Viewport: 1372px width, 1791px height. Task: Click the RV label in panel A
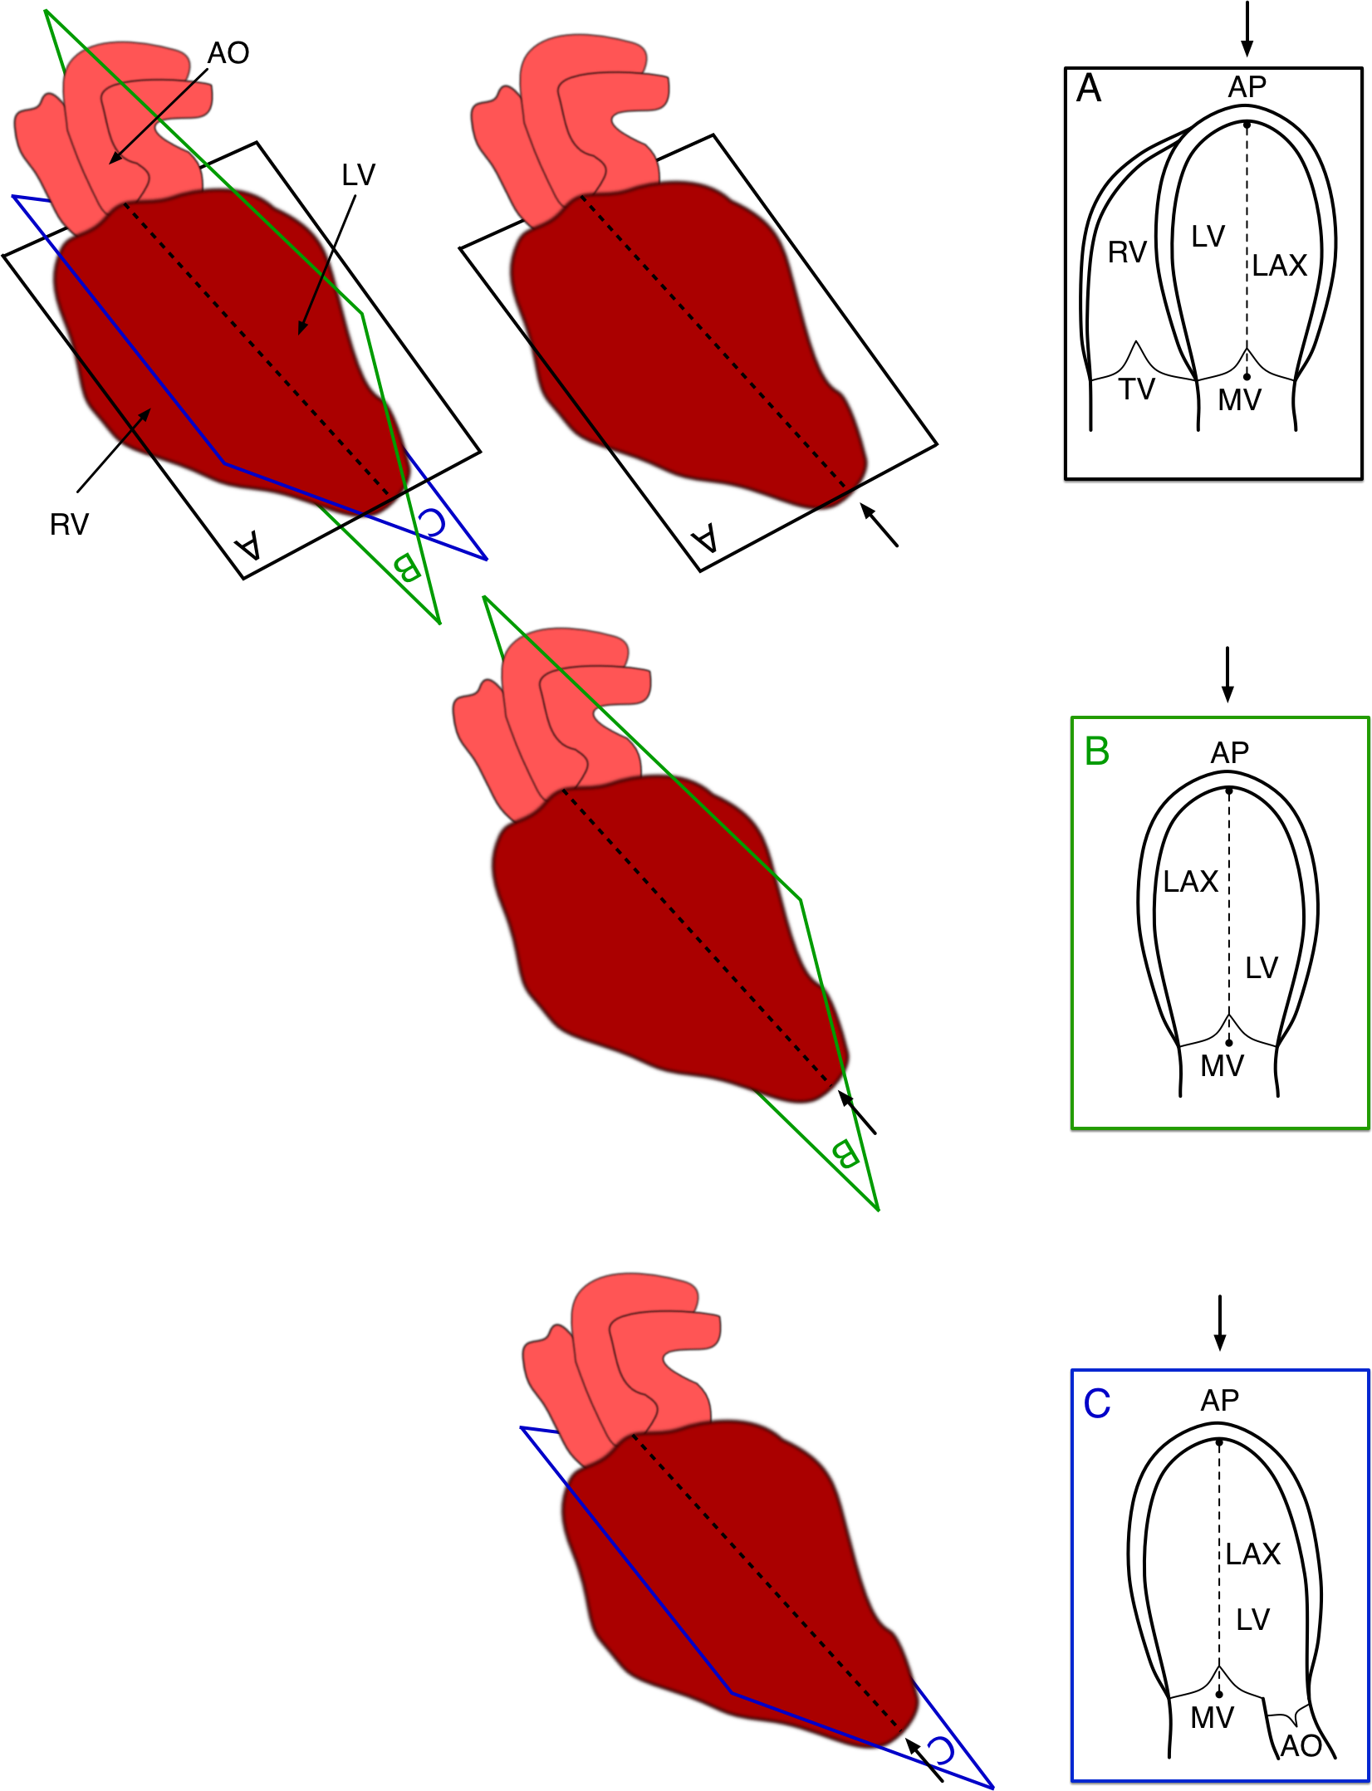click(1127, 252)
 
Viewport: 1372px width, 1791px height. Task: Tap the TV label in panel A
click(1136, 389)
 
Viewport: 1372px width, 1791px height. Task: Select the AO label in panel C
click(1301, 1746)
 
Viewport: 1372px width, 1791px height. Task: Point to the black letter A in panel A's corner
click(1088, 88)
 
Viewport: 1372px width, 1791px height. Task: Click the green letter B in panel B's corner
click(1096, 751)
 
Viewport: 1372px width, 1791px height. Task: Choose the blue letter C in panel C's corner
click(1096, 1404)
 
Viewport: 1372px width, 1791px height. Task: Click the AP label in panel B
click(1229, 753)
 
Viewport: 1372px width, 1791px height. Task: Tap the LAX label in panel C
click(1252, 1554)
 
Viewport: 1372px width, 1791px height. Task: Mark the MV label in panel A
click(1239, 400)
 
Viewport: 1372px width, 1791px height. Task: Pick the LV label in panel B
click(1262, 968)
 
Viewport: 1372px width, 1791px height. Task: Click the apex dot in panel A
click(1247, 125)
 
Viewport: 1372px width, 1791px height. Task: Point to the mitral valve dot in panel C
click(1218, 1694)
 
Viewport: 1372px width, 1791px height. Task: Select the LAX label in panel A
click(1280, 266)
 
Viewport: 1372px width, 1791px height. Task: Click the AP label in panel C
click(1219, 1402)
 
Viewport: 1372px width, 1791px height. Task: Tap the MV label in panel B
click(1222, 1066)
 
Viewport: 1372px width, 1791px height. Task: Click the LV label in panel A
click(1208, 237)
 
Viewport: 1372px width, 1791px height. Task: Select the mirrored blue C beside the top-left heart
click(432, 521)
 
